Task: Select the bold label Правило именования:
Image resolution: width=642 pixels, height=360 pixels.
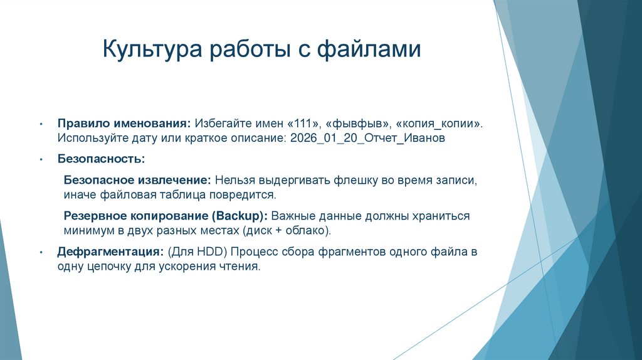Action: point(124,123)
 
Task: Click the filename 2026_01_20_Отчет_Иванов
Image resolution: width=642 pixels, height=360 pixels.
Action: point(367,138)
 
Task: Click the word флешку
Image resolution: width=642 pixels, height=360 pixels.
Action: point(355,180)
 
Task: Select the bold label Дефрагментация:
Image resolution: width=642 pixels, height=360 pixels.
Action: point(111,251)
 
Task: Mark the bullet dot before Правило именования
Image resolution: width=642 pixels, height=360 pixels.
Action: point(41,124)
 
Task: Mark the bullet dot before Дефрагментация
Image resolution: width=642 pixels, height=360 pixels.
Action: point(41,252)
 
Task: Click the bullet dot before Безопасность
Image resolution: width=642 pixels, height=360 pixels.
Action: point(41,159)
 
